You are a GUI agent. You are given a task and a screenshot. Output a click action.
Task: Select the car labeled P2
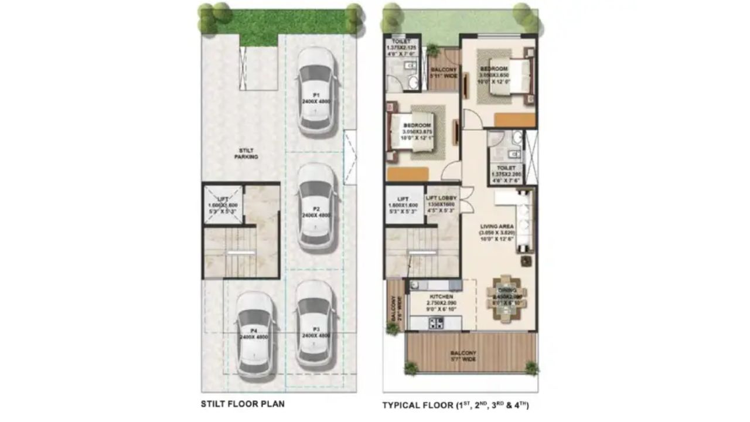[x=316, y=206]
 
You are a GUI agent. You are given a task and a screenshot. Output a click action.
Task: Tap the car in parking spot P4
[x=255, y=334]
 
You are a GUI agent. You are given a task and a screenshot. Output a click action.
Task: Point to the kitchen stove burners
[x=436, y=322]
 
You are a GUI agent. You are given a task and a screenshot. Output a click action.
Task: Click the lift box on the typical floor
[x=404, y=205]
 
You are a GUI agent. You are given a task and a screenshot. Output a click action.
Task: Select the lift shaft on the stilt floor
[x=223, y=205]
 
